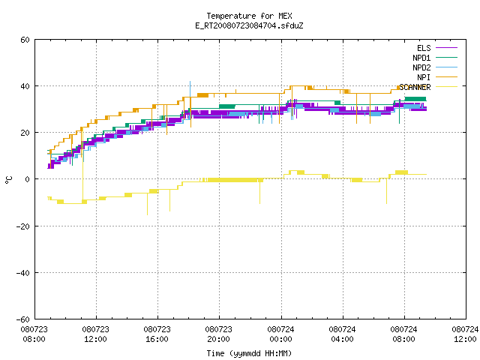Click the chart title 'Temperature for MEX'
coord(249,16)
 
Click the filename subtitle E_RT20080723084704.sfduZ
coord(249,25)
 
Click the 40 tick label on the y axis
coord(25,86)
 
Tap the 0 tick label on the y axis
coord(28,179)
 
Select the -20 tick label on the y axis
coord(23,226)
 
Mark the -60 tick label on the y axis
coord(23,319)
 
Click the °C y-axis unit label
coord(8,180)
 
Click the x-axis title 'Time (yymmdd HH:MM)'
coord(249,353)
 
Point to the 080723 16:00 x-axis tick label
coord(157,334)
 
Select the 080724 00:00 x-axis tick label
coord(280,334)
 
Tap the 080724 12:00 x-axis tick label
coord(465,334)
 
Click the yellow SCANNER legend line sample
coord(447,87)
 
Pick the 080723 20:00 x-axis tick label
coord(218,334)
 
